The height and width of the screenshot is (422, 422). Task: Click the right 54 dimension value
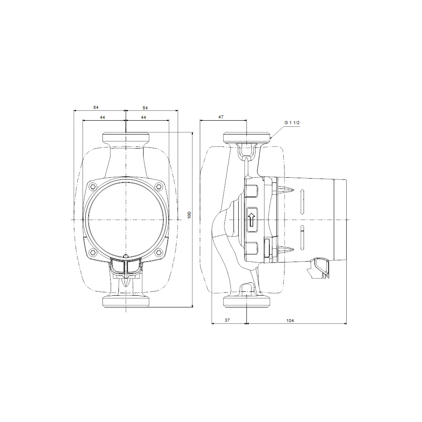tap(145, 107)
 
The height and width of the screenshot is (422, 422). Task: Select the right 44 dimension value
tap(143, 117)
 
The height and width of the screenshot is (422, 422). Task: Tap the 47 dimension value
tap(221, 117)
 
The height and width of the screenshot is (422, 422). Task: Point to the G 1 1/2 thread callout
tap(292, 123)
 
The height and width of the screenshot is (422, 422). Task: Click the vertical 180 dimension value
tap(189, 215)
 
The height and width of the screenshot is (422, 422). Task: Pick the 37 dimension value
tap(228, 320)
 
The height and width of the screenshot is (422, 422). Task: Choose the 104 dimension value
tap(290, 320)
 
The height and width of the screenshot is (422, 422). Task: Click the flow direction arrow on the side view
tap(252, 219)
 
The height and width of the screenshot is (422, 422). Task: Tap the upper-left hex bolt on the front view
tap(93, 187)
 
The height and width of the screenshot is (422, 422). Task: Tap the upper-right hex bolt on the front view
tap(159, 187)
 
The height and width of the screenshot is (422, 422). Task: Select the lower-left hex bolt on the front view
tap(93, 252)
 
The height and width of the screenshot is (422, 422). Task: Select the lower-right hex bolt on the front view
tap(159, 252)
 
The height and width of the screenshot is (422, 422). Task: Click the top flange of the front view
tap(126, 138)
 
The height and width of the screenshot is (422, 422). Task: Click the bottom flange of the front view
tap(126, 301)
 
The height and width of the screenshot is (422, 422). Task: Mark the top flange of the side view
tap(246, 138)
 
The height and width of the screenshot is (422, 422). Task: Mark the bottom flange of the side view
tap(246, 301)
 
